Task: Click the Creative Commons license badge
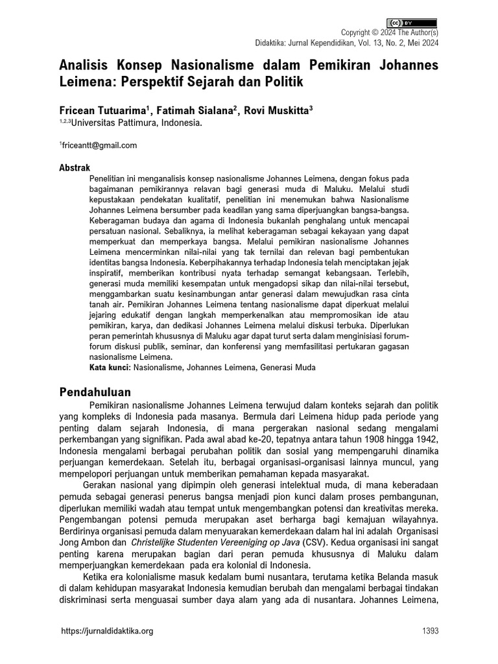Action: [x=412, y=23]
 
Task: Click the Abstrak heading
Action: [x=75, y=167]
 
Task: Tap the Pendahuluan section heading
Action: [x=95, y=392]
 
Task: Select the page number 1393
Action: [x=429, y=632]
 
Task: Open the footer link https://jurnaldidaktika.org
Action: [x=106, y=632]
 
